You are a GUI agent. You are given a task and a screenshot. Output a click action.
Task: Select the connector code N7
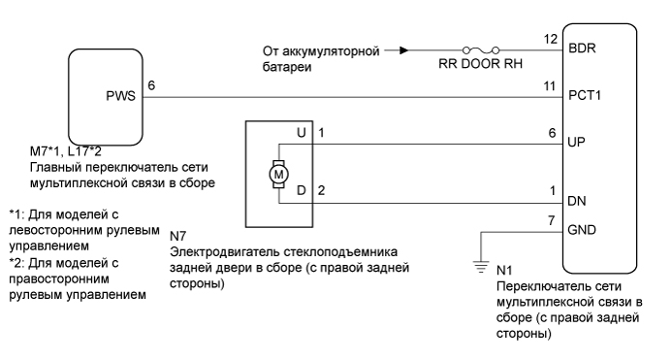pos(177,233)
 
